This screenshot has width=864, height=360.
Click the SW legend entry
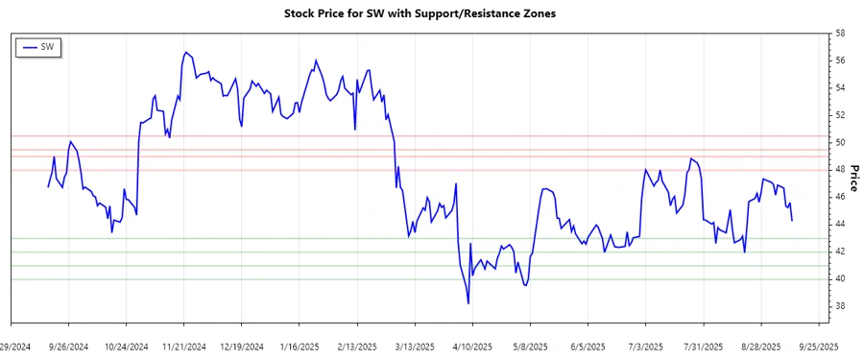click(x=39, y=47)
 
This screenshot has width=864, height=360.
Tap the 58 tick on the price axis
click(x=839, y=34)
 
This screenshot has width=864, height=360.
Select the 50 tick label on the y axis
click(x=839, y=142)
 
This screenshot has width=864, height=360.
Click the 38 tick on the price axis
click(x=839, y=306)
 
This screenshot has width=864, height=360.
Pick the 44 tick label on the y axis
click(x=839, y=224)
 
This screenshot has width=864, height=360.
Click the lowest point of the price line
click(x=468, y=303)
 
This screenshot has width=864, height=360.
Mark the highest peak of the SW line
click(x=184, y=52)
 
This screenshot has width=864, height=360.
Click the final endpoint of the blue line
click(x=792, y=221)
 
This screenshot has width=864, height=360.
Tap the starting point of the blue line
click(x=48, y=186)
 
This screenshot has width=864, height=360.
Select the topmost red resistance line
click(x=432, y=136)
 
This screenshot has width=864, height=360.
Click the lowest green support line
click(x=432, y=279)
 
